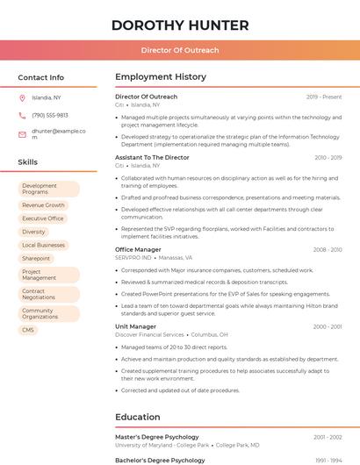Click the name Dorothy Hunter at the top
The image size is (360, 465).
(x=180, y=25)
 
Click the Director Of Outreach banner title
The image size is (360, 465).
(x=180, y=51)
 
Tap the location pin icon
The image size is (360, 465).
(x=22, y=97)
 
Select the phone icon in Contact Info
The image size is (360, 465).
(x=22, y=115)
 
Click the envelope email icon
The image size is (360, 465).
(x=22, y=134)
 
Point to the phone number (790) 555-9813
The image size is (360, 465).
(x=50, y=115)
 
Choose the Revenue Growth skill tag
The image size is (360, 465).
(x=43, y=205)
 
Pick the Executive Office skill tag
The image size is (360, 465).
(x=43, y=218)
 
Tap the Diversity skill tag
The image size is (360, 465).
(x=33, y=232)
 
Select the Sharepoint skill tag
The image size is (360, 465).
(x=36, y=259)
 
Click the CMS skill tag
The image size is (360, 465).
(x=28, y=330)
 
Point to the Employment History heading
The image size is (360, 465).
(x=160, y=77)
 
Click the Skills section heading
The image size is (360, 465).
(x=27, y=162)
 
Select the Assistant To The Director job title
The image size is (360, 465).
(x=152, y=157)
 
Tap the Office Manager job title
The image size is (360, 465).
(x=138, y=250)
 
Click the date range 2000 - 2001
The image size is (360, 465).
(x=328, y=326)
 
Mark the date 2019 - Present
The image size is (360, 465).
(x=324, y=97)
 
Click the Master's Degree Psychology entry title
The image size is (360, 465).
(x=156, y=437)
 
